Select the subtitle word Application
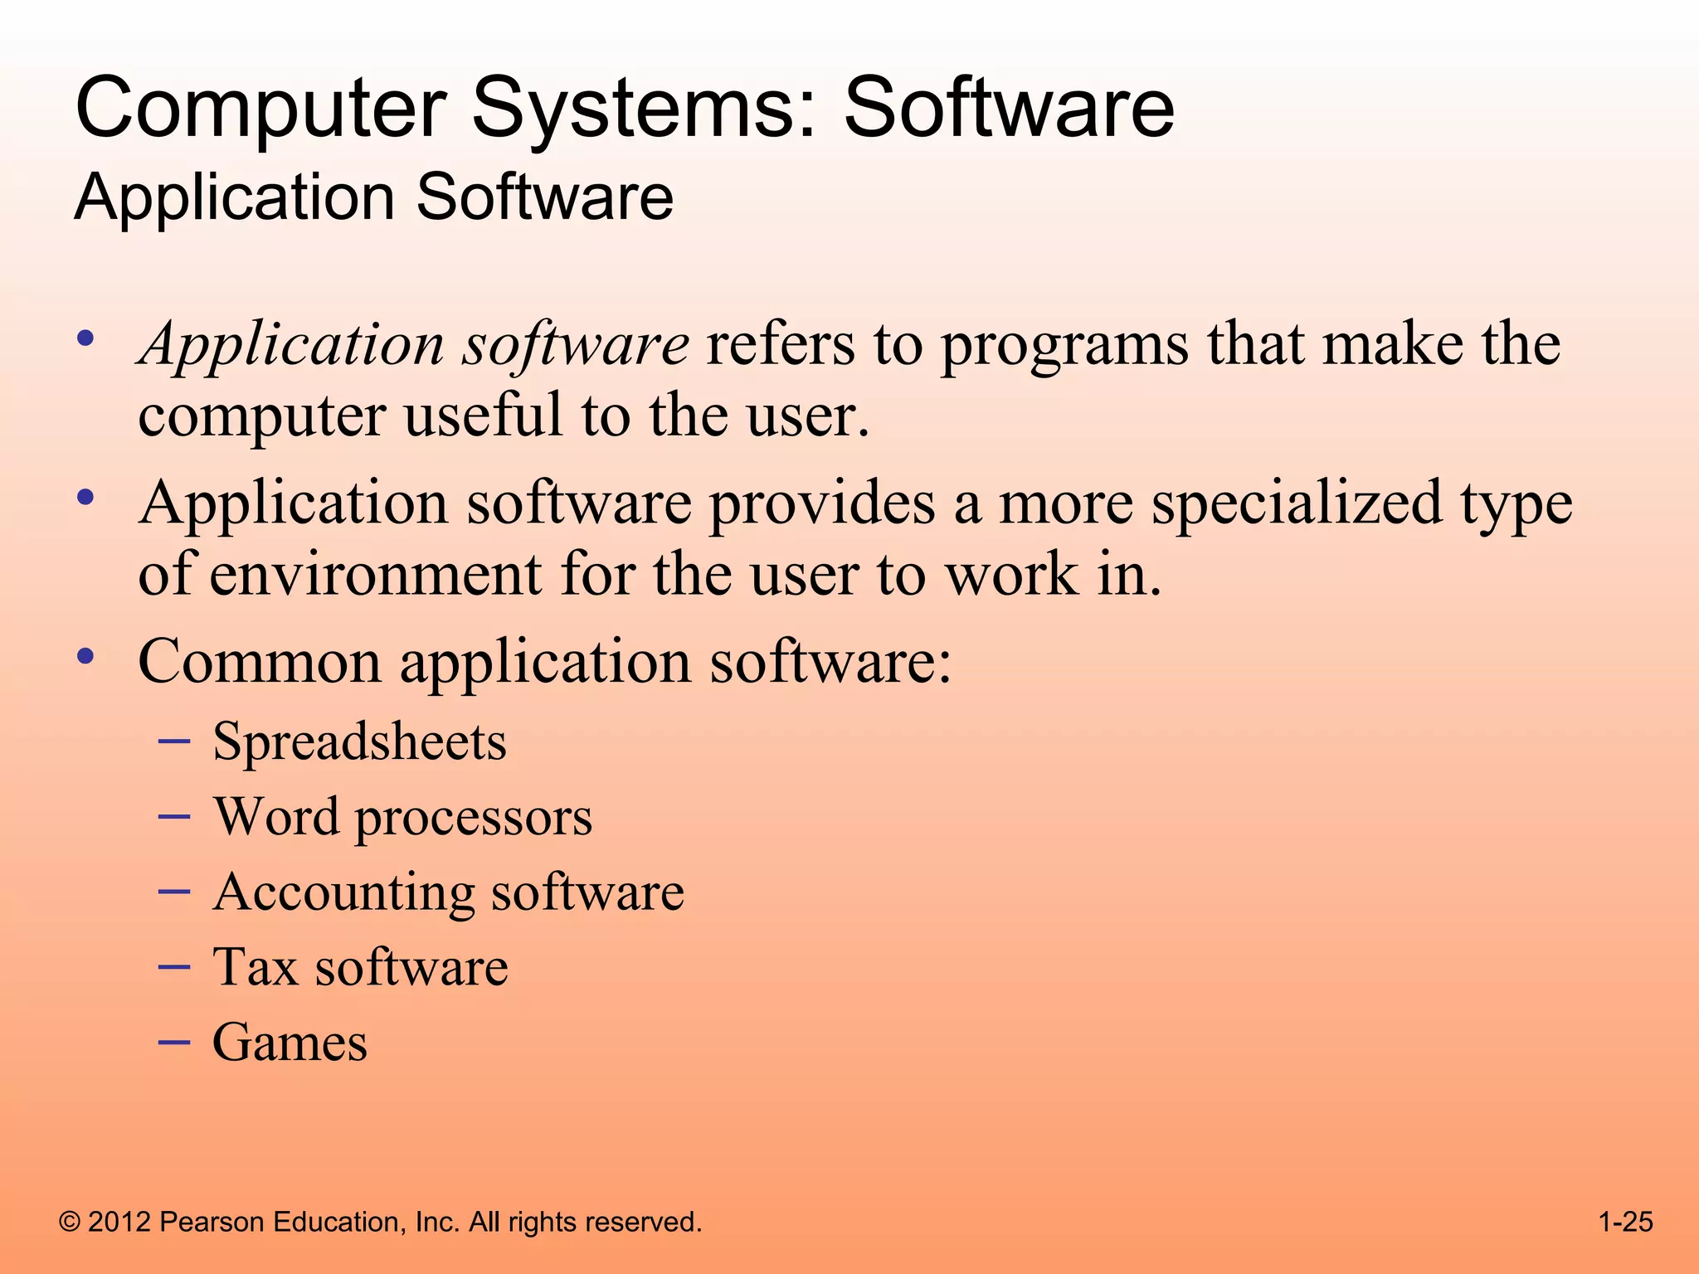[235, 199]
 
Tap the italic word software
[575, 344]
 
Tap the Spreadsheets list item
[359, 741]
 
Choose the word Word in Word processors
[276, 816]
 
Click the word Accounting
[343, 893]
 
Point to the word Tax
[255, 967]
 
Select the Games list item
[290, 1043]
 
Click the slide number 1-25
[1625, 1222]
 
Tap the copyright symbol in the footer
[71, 1223]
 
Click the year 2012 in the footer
[119, 1223]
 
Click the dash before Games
[174, 1041]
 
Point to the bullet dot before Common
[85, 656]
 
